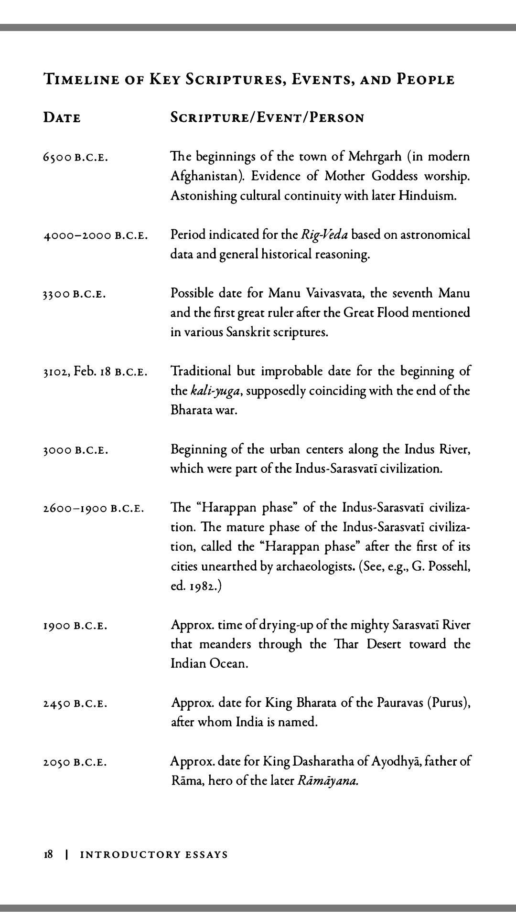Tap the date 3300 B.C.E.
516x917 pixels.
(x=75, y=294)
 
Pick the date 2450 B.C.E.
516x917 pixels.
(x=75, y=704)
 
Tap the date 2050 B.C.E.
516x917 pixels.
(x=75, y=762)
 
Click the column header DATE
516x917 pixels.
(x=62, y=117)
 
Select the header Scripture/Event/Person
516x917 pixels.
(x=267, y=117)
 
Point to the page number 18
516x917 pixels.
(x=48, y=854)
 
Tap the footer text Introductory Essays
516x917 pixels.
(x=154, y=855)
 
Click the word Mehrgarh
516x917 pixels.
(x=375, y=157)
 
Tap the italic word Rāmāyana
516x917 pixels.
(x=328, y=781)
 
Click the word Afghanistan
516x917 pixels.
(x=208, y=176)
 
